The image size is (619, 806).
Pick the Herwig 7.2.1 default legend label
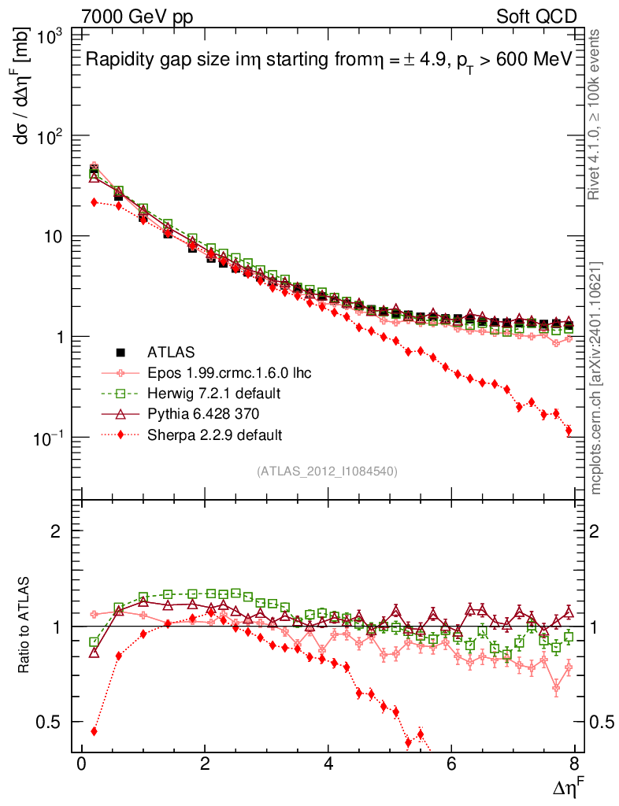(215, 393)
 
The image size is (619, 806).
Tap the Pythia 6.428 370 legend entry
(204, 413)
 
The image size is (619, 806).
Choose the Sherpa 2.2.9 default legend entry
(214, 434)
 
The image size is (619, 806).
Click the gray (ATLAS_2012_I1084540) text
(327, 471)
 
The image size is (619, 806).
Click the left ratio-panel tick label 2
(56, 531)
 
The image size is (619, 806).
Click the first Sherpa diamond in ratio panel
(94, 731)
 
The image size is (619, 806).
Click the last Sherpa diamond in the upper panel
(569, 431)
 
